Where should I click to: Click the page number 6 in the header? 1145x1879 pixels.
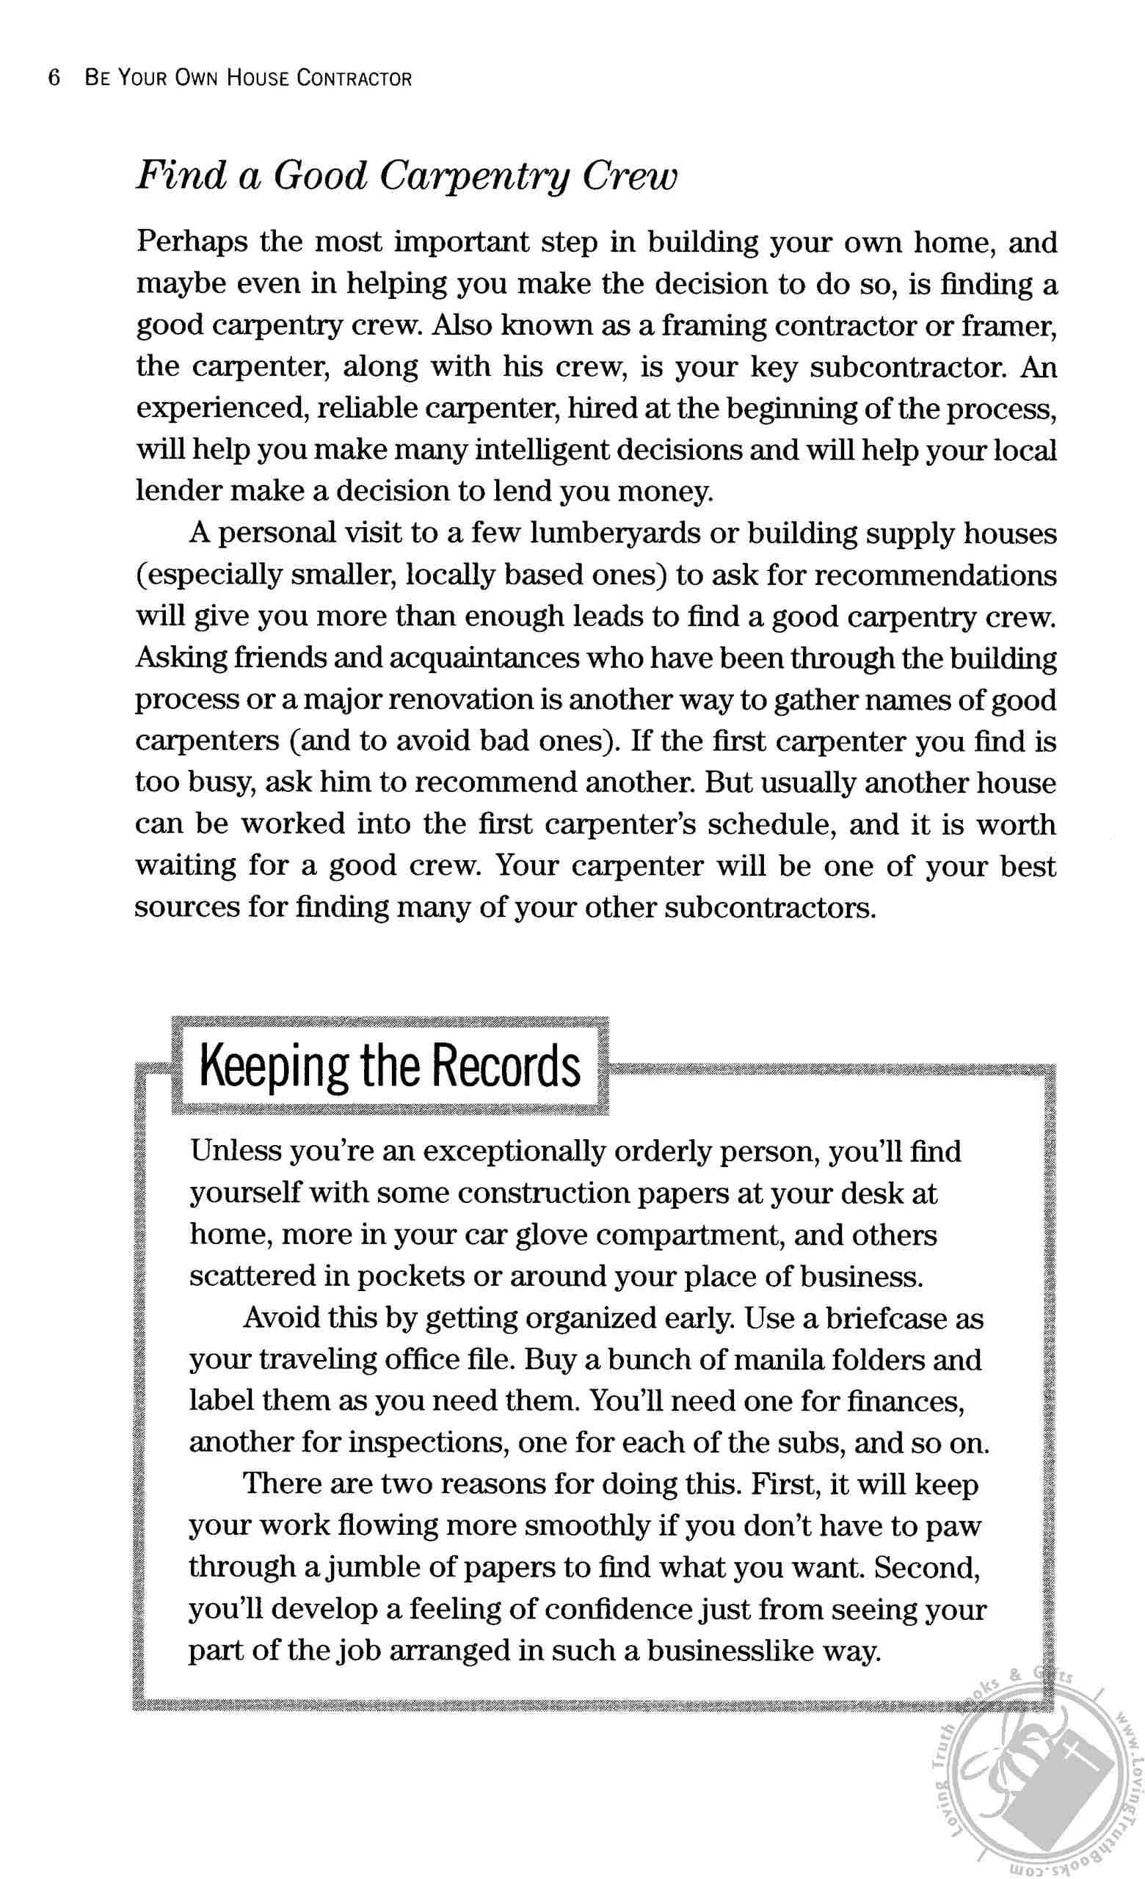[54, 78]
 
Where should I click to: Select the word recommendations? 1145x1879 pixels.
[936, 575]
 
